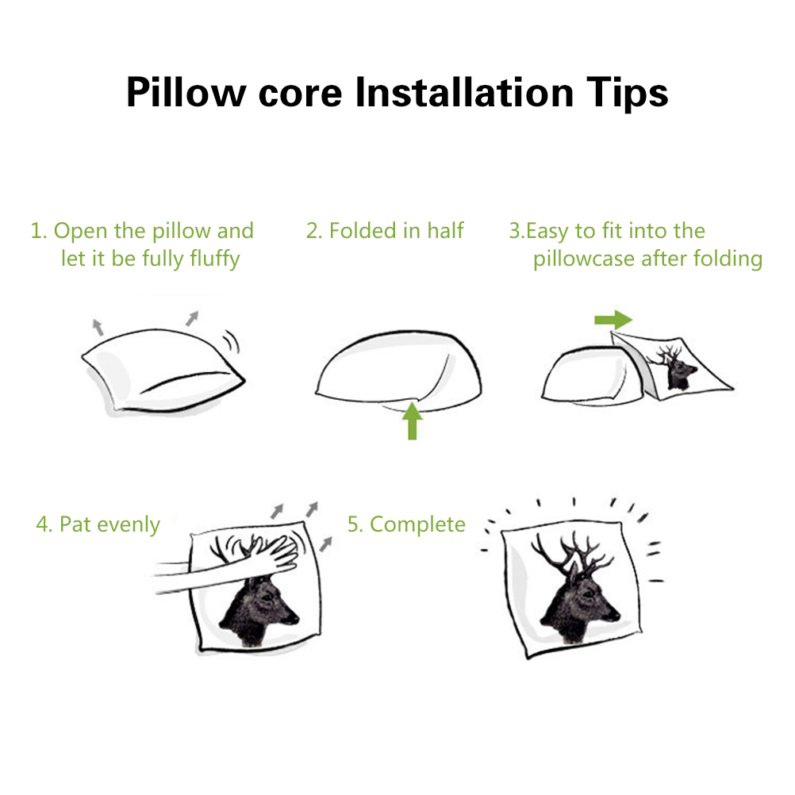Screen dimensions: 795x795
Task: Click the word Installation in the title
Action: tap(464, 92)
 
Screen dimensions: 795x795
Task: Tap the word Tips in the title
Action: tap(627, 94)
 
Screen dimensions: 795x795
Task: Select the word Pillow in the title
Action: tap(186, 92)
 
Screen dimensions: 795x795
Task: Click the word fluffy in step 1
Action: tap(215, 259)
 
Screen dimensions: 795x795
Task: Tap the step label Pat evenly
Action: tap(109, 524)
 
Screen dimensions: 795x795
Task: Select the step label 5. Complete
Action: tap(406, 524)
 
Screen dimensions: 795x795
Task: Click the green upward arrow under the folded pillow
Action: tap(413, 421)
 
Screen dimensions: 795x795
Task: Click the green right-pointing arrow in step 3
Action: tap(613, 320)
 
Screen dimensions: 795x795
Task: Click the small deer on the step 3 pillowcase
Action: tap(674, 367)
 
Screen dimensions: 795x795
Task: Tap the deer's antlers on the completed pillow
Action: tap(573, 553)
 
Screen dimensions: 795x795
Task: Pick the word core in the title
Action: tap(300, 94)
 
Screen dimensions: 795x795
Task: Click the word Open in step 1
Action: tap(81, 232)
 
